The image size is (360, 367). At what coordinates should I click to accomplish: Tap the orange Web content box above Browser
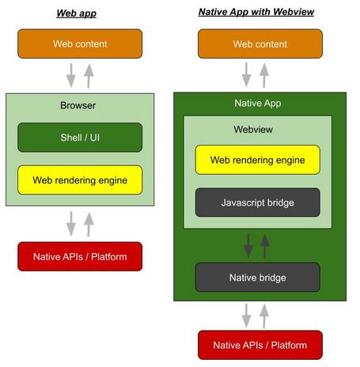[x=79, y=44]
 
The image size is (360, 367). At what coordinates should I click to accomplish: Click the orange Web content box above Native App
[x=259, y=44]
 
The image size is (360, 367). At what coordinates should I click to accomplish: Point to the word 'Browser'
[x=78, y=105]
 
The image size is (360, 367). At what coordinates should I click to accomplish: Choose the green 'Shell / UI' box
[x=79, y=137]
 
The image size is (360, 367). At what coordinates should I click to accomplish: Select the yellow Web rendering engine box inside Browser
[x=79, y=180]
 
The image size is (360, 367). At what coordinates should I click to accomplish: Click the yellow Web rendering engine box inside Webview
[x=258, y=160]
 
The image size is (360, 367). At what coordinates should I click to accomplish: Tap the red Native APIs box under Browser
[x=79, y=256]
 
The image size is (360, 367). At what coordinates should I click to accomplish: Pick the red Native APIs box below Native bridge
[x=259, y=345]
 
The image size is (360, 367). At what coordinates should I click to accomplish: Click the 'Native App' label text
[x=258, y=103]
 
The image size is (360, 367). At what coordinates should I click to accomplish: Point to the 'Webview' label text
[x=253, y=128]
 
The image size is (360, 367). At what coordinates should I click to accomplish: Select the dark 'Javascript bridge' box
[x=258, y=202]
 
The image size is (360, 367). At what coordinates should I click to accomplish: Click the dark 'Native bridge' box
[x=258, y=278]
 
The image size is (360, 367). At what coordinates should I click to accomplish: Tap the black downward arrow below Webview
[x=248, y=245]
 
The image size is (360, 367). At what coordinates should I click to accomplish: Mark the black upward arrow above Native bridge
[x=266, y=245]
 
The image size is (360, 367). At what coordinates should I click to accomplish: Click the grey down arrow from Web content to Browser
[x=70, y=75]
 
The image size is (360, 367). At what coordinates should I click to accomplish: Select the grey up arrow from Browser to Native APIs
[x=88, y=224]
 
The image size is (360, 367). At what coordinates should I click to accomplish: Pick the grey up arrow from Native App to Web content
[x=267, y=75]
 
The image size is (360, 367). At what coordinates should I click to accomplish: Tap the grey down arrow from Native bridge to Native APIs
[x=249, y=316]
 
